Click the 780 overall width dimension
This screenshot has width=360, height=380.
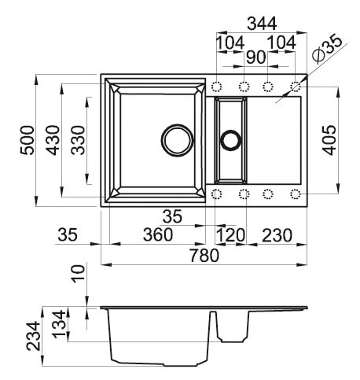(x=204, y=256)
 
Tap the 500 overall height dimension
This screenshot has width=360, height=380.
(x=28, y=140)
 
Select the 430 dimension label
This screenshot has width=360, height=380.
(x=53, y=140)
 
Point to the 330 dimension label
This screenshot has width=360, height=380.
(x=78, y=140)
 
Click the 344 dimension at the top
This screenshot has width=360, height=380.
(x=262, y=24)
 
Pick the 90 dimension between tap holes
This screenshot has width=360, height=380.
(x=256, y=57)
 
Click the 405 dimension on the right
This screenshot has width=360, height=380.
(x=329, y=140)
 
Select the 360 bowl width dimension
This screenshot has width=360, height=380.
(x=158, y=234)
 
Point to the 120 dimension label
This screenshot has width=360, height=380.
(x=230, y=235)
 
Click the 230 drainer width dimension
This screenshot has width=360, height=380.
(x=277, y=235)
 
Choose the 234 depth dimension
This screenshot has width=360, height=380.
(x=34, y=337)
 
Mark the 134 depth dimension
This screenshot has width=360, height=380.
(x=59, y=324)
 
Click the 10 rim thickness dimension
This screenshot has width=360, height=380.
(x=79, y=274)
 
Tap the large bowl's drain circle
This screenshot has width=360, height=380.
(x=177, y=141)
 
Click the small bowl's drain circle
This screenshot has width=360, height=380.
(x=230, y=140)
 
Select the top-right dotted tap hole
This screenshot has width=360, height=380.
(x=296, y=87)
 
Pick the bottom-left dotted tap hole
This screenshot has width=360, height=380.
(x=216, y=194)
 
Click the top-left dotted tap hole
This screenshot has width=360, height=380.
(x=217, y=87)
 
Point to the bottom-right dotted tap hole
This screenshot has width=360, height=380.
(x=296, y=194)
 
